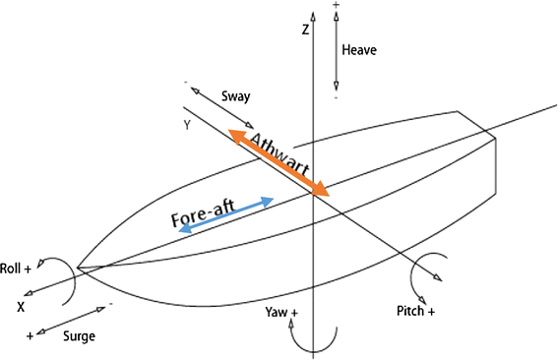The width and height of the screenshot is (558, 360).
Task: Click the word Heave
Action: click(359, 48)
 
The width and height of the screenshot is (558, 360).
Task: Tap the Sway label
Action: click(237, 96)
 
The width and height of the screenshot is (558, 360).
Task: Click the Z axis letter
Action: click(306, 30)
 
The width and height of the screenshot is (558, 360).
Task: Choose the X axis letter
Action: click(20, 307)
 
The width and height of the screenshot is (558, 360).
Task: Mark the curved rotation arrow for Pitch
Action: click(426, 272)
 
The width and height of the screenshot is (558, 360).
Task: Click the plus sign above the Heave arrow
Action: click(337, 6)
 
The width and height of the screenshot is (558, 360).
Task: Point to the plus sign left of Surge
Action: click(31, 335)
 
